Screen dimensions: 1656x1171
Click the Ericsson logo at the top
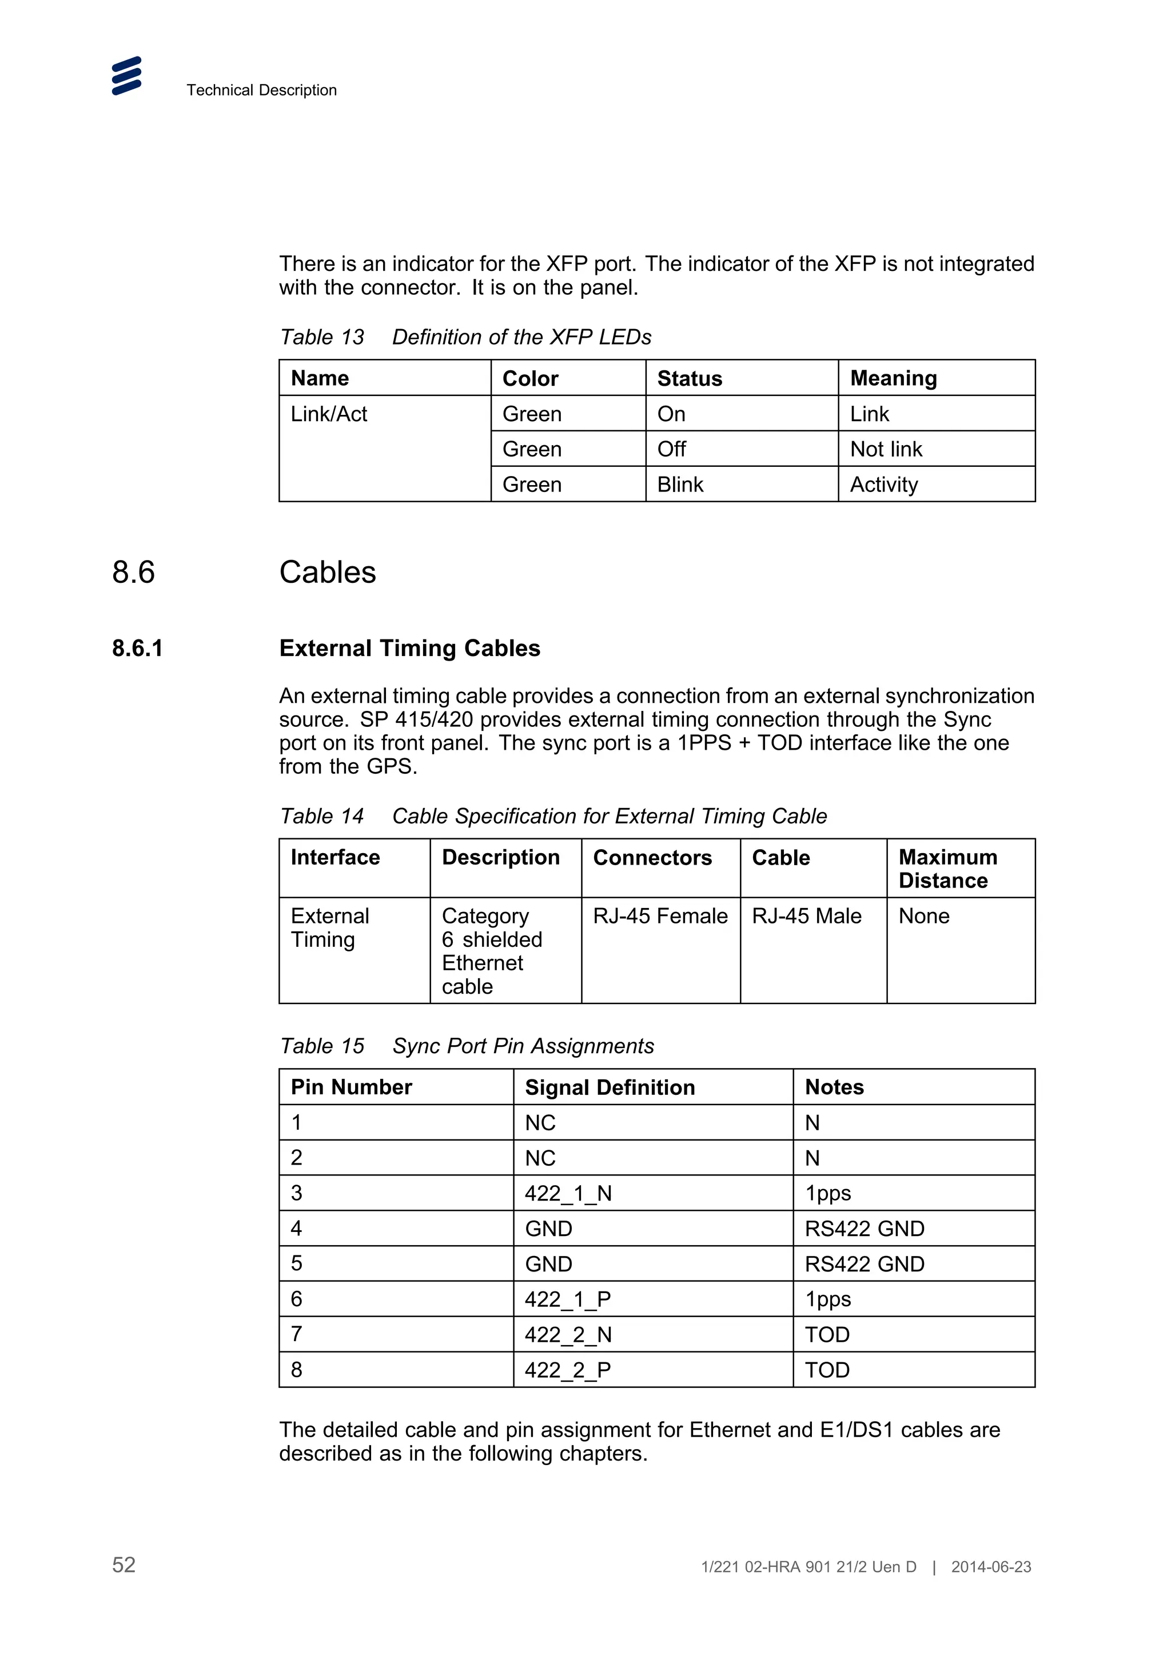click(126, 76)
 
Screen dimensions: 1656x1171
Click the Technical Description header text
click(261, 90)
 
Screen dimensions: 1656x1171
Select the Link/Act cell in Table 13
click(329, 414)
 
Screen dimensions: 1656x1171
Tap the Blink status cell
click(680, 485)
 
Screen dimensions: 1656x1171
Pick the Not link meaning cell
click(886, 449)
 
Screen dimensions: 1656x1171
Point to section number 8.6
click(133, 572)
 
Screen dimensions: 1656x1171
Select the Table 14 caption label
click(322, 816)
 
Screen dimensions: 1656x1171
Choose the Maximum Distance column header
click(947, 869)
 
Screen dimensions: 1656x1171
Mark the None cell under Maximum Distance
click(923, 916)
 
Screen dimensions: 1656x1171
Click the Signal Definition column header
click(610, 1087)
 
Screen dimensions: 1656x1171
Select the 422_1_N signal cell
click(568, 1194)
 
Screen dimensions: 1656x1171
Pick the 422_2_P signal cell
click(568, 1370)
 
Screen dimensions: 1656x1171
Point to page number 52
click(124, 1565)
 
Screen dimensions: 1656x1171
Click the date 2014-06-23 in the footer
click(991, 1566)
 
